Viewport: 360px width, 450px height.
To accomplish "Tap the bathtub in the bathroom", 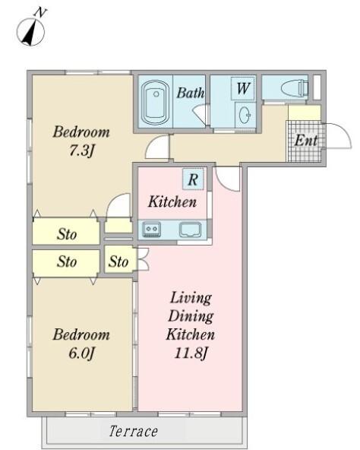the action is coord(156,102).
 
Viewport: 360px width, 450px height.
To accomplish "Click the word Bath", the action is coord(190,93).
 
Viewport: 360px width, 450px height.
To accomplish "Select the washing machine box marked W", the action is coord(243,88).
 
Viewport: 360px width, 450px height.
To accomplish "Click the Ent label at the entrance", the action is coord(306,141).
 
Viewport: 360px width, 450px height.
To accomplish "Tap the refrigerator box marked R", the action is coord(193,179).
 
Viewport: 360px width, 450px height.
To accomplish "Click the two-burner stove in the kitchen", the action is coord(152,230).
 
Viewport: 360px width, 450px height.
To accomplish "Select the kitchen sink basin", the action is coord(190,230).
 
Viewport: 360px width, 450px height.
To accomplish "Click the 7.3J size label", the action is coord(81,151).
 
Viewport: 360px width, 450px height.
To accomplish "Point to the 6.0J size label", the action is coord(81,353).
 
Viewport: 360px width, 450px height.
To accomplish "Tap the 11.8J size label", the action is coord(191,353).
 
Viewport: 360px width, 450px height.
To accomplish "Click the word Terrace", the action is coord(134,431).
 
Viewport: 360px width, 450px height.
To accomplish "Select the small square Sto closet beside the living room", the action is coord(118,261).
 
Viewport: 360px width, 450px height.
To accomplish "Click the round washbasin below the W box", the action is coord(245,115).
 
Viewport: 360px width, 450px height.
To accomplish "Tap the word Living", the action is coord(191,298).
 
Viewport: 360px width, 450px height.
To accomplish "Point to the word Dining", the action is coord(191,316).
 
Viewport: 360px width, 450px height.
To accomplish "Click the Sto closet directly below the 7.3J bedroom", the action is coord(66,232).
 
